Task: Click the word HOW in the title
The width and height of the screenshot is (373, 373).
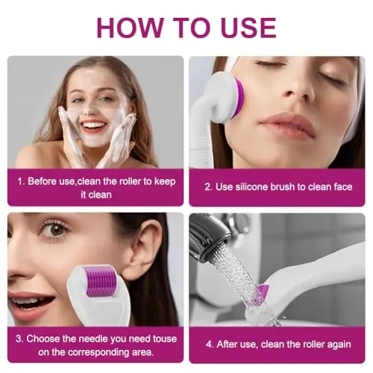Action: point(130,28)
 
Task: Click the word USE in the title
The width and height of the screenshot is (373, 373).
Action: point(248,28)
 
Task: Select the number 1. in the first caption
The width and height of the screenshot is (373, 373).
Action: point(21,181)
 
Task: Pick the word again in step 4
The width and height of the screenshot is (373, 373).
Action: point(339,345)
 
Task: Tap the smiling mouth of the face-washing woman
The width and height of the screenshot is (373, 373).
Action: point(93,126)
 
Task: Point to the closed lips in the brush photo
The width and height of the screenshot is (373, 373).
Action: point(286,124)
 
